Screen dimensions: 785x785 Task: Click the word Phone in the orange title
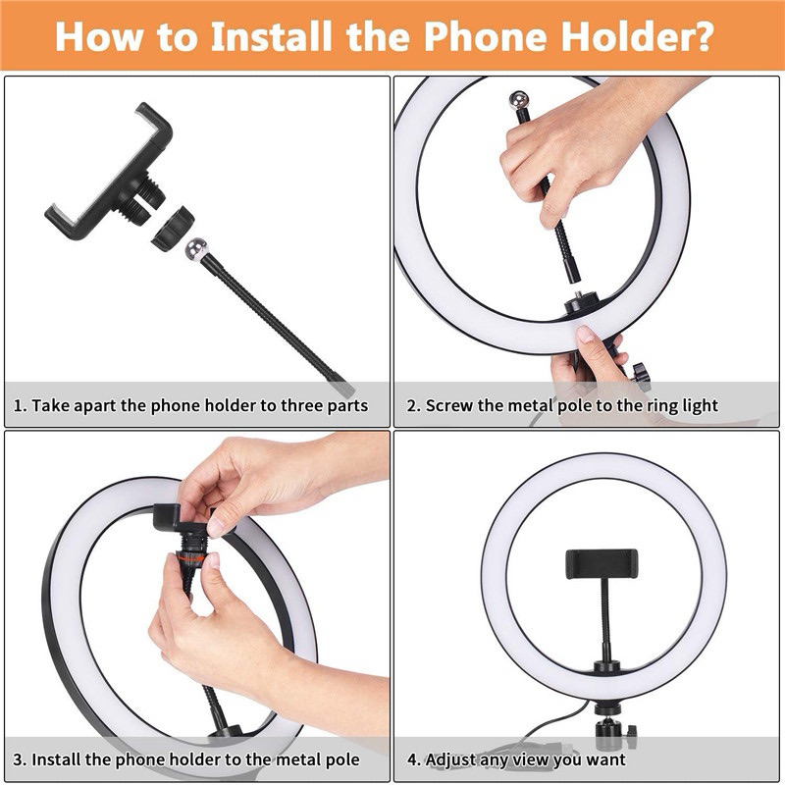[x=484, y=36]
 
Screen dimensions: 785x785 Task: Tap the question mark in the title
[x=700, y=36]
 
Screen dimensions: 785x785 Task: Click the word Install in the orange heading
[x=271, y=36]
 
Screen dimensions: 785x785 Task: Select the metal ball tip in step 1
[x=196, y=249]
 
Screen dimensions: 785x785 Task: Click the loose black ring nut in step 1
[x=173, y=229]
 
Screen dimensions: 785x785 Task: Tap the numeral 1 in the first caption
[x=18, y=405]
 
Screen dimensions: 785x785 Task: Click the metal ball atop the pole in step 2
[x=519, y=100]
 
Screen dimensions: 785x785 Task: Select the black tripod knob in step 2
[x=641, y=377]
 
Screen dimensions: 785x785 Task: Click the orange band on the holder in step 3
[x=190, y=556]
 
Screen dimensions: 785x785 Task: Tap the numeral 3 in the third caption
[x=18, y=759]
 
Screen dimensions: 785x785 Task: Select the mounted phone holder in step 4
[x=602, y=563]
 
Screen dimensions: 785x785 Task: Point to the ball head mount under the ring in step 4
[x=610, y=726]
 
